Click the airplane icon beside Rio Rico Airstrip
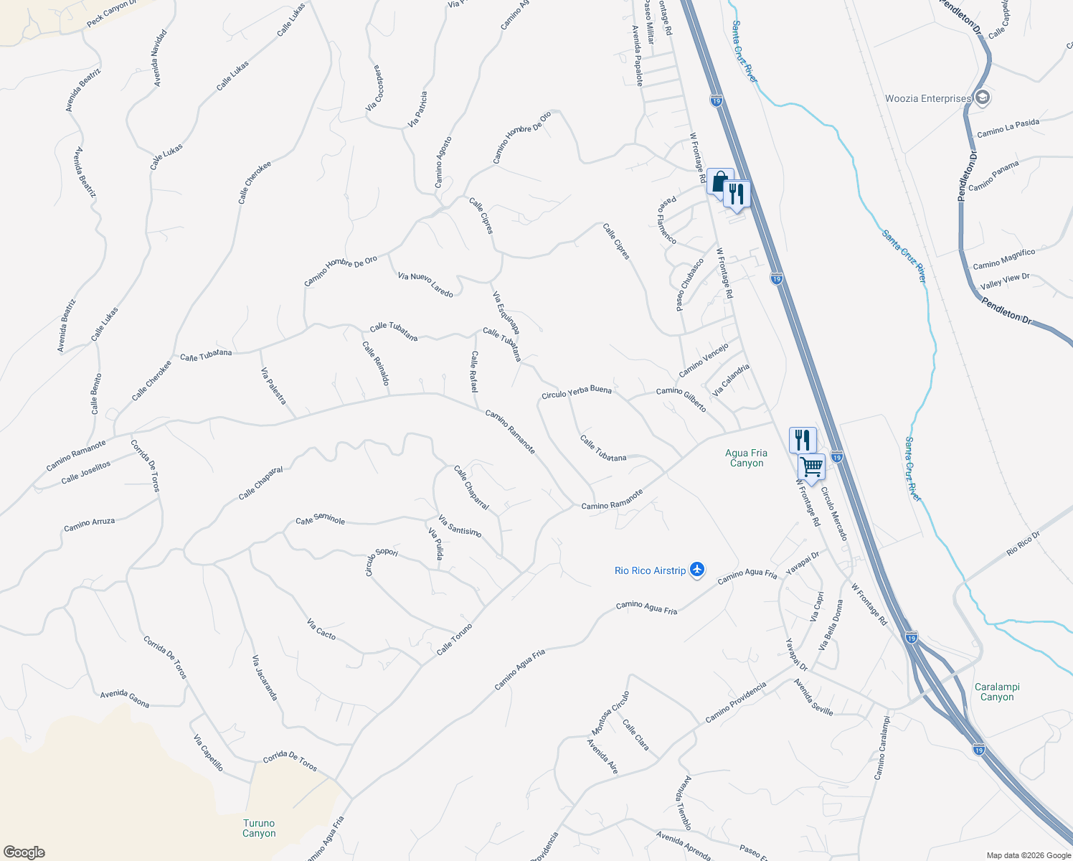[x=696, y=570]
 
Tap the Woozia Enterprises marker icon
[x=983, y=98]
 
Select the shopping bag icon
[x=719, y=182]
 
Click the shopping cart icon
[x=811, y=466]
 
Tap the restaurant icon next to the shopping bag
[x=737, y=194]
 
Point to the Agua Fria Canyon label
[x=746, y=458]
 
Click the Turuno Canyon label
[x=259, y=828]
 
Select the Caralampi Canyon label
[x=997, y=692]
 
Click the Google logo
[x=24, y=852]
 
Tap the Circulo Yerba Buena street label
[x=577, y=392]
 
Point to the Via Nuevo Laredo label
[x=425, y=285]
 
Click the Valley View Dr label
[x=1005, y=281]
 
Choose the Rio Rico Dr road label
[x=1023, y=543]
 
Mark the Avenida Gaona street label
[x=125, y=698]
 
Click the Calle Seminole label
[x=320, y=519]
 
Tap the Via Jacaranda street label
[x=264, y=677]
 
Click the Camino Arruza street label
[x=89, y=525]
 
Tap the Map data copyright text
[x=1028, y=855]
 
